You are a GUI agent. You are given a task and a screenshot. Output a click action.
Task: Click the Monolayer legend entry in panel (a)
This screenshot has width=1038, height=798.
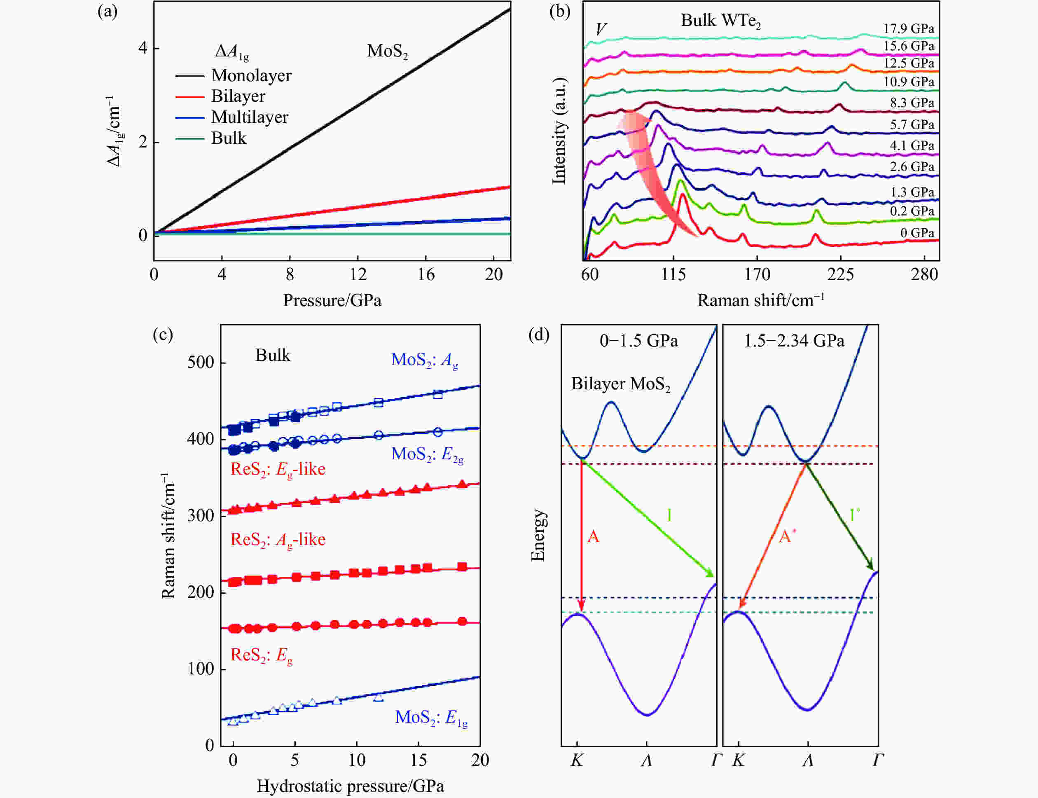(x=251, y=75)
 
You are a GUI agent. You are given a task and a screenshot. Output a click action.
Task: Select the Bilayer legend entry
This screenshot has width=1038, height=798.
(x=238, y=96)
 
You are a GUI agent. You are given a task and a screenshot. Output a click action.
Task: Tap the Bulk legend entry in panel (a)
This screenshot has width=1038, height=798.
(x=229, y=138)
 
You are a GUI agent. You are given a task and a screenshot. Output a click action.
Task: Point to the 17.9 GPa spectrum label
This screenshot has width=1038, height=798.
(x=908, y=28)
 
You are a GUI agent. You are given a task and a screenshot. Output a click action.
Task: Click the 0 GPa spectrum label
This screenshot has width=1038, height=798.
(x=917, y=233)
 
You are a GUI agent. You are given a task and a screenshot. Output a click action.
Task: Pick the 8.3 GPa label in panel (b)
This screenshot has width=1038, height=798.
(x=912, y=103)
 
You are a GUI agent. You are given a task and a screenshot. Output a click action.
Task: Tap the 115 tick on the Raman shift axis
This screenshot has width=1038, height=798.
(x=673, y=274)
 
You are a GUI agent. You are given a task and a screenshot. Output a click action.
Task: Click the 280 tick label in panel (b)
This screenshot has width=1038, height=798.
(x=924, y=274)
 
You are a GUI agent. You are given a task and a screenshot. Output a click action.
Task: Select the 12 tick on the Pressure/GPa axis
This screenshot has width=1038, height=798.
(x=358, y=274)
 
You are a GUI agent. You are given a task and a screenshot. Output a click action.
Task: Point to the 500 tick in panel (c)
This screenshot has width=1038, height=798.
(x=200, y=363)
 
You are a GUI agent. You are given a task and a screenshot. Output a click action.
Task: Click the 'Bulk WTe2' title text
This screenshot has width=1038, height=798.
(x=720, y=21)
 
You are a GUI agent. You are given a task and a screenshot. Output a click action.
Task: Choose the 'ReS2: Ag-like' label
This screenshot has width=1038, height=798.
(x=278, y=540)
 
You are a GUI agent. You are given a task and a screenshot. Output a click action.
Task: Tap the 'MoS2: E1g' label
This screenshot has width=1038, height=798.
(x=431, y=718)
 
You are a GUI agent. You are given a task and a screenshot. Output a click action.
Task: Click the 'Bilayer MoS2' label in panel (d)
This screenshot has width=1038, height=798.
(x=620, y=384)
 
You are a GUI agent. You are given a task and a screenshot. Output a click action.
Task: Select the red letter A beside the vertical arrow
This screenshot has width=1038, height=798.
(x=593, y=537)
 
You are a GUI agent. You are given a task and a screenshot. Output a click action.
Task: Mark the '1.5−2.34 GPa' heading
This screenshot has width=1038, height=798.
(x=794, y=341)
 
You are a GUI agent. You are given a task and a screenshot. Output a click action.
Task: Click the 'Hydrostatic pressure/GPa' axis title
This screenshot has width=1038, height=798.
(x=351, y=786)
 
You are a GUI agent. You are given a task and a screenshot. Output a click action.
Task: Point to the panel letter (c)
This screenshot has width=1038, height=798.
(x=162, y=335)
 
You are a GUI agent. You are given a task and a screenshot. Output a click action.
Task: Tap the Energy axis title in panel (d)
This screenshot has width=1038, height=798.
(x=538, y=535)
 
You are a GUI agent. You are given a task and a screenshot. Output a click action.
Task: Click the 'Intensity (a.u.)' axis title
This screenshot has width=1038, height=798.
(x=559, y=130)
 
